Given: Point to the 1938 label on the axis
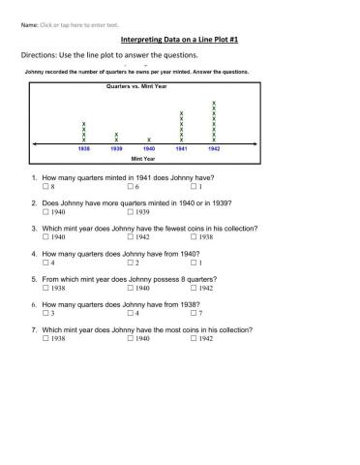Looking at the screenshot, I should tap(84, 149).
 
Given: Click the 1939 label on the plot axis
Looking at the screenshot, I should tap(116, 149).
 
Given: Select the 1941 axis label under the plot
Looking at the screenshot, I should tap(181, 149).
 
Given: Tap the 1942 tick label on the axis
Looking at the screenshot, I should tap(214, 149).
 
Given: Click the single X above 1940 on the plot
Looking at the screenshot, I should tap(148, 139).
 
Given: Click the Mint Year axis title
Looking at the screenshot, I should tap(143, 159).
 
